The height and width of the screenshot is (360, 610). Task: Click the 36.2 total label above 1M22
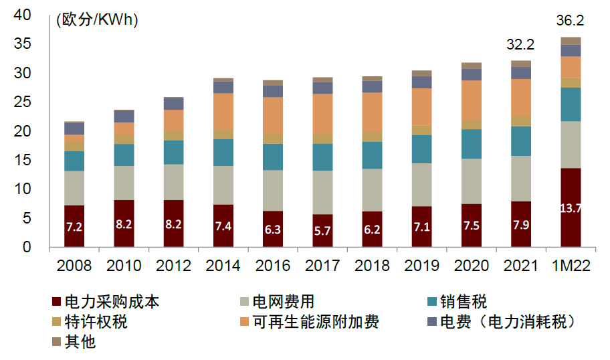(570, 21)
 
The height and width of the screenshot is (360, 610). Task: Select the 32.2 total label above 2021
(521, 45)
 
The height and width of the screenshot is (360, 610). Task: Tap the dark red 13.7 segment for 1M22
(571, 207)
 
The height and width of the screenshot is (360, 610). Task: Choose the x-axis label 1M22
(571, 266)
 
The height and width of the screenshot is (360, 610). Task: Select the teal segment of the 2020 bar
(472, 144)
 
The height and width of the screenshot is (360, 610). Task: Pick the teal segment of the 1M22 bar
(571, 104)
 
